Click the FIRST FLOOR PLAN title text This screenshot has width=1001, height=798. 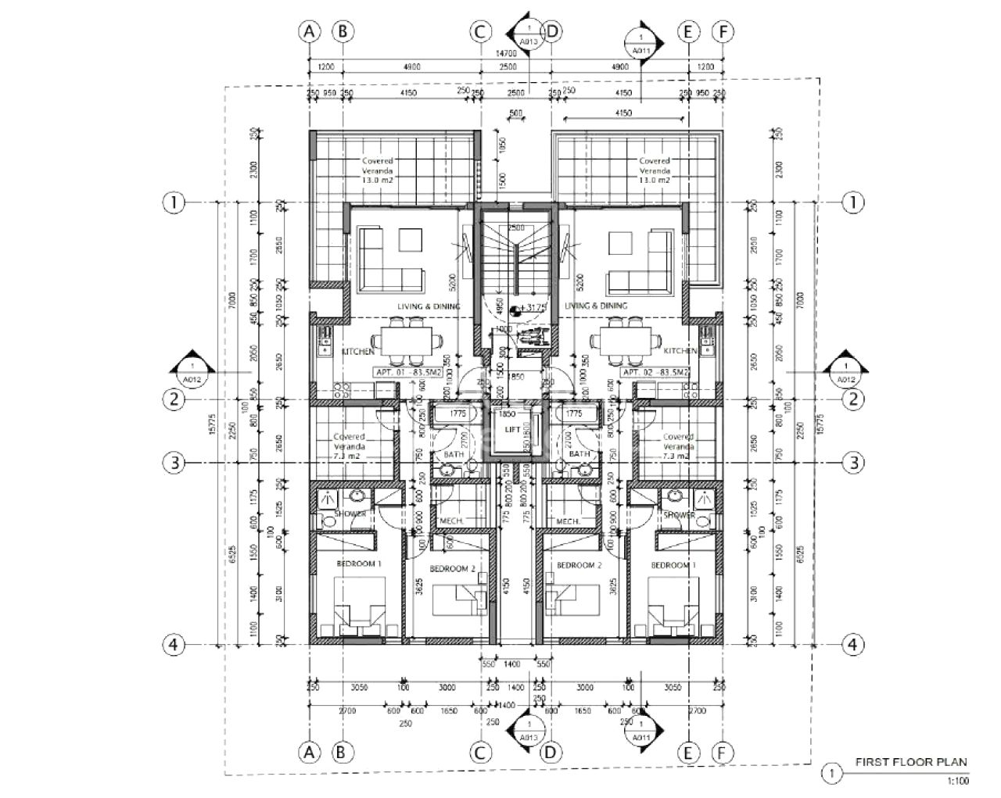click(x=911, y=762)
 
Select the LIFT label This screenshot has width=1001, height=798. click(x=513, y=430)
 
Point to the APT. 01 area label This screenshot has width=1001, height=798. click(x=408, y=373)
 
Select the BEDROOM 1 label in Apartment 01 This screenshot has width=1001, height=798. click(x=359, y=564)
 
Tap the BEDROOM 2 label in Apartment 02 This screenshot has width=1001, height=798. click(x=578, y=564)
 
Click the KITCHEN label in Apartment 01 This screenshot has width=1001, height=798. click(x=358, y=352)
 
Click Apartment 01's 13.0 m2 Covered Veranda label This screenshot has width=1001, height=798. click(x=378, y=170)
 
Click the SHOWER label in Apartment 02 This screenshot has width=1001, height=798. click(x=679, y=515)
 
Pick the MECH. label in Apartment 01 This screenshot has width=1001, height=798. click(x=453, y=521)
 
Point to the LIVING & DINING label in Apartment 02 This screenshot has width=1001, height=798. click(x=596, y=306)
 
